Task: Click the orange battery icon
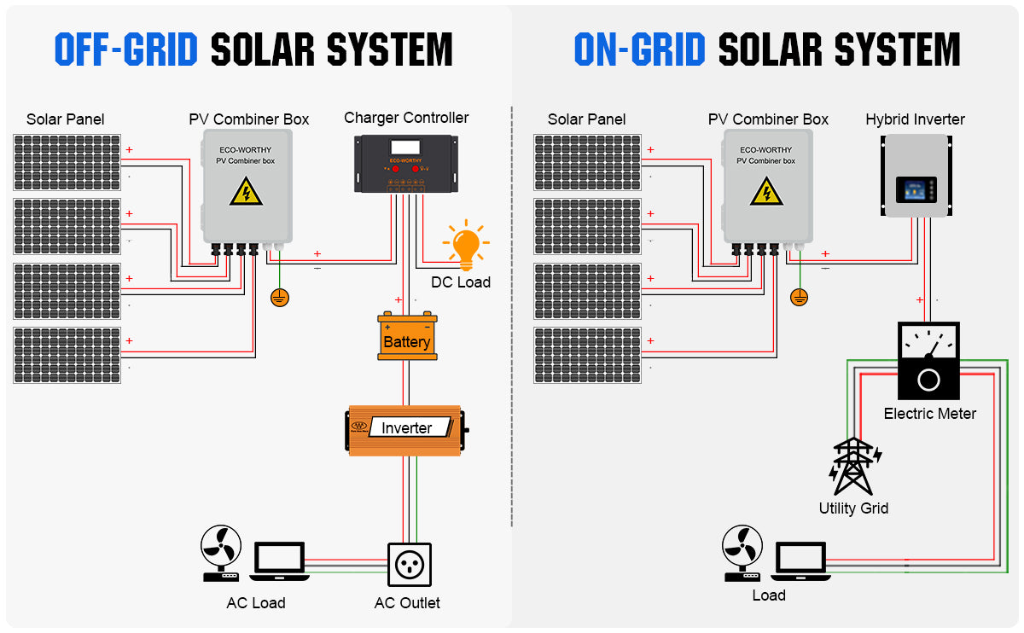tap(407, 338)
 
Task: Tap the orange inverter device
tap(406, 429)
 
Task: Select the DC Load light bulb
tap(466, 246)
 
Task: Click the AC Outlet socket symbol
tap(407, 564)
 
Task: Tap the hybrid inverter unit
tap(916, 175)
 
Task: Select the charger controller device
tap(406, 163)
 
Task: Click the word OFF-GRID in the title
tap(125, 50)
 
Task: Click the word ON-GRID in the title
tap(639, 50)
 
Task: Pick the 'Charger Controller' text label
tap(406, 118)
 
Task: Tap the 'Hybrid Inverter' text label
tap(915, 119)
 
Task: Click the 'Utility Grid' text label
tap(853, 508)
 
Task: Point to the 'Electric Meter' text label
tap(929, 414)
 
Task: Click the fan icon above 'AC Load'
tap(222, 553)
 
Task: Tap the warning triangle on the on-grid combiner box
tap(766, 192)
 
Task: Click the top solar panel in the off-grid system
tap(67, 161)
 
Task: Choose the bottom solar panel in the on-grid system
tap(587, 355)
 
